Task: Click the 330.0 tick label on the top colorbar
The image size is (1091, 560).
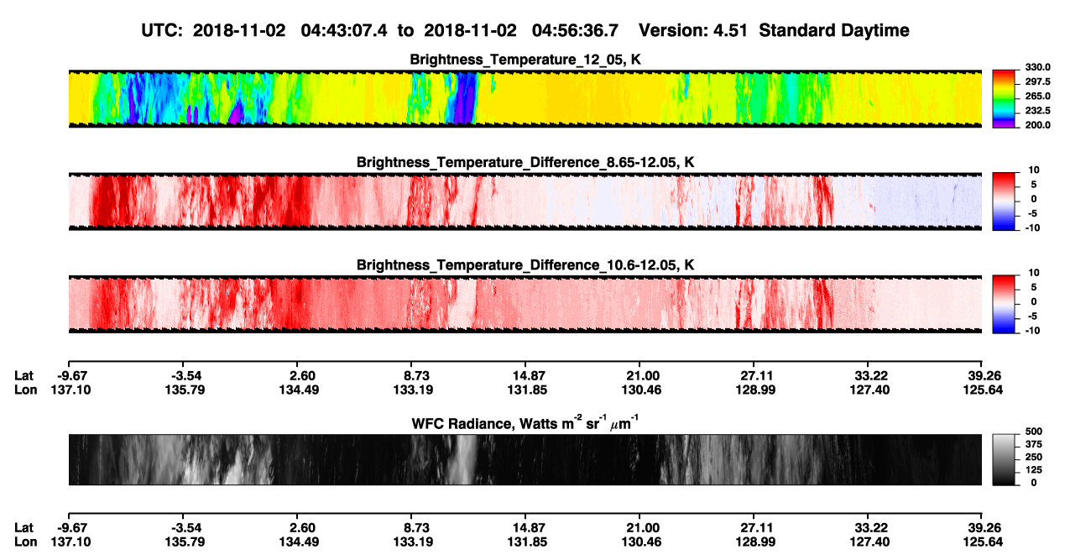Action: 1038,67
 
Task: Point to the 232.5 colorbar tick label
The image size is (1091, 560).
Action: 1038,111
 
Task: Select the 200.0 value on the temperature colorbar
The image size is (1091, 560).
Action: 1038,125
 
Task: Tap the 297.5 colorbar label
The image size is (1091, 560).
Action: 1038,81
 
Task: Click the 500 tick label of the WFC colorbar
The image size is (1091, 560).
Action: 1034,432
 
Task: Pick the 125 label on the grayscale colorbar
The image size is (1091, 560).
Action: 1034,470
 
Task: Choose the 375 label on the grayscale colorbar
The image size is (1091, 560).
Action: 1034,444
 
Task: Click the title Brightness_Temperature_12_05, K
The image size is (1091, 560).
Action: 525,60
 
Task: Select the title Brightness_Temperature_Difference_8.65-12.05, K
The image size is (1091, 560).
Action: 525,162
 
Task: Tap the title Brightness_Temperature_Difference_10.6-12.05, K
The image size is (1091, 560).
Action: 525,265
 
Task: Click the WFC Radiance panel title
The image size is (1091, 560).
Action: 525,422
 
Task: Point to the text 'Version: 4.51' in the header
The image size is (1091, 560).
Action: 692,30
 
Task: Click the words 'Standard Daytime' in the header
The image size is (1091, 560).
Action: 834,30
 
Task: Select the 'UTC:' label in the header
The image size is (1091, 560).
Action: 162,30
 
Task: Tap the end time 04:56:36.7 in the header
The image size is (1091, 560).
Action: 575,30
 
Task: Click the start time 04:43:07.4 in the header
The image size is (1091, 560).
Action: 344,30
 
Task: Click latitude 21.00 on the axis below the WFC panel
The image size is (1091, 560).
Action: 643,528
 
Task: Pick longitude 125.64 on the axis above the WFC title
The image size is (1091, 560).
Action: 983,390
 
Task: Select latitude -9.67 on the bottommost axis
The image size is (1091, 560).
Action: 72,528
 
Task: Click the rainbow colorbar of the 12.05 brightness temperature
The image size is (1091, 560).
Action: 1004,99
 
